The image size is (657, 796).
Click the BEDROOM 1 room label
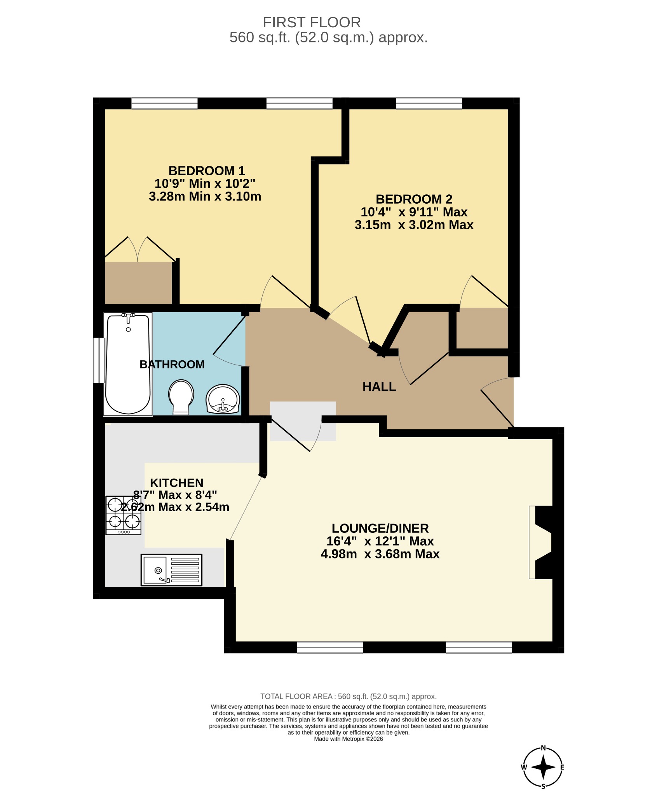point(207,171)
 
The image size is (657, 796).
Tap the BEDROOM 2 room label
point(414,199)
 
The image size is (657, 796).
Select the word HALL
point(379,387)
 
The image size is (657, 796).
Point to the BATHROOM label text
point(172,364)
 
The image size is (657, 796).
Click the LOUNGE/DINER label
point(380,528)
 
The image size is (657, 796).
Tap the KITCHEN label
point(177,483)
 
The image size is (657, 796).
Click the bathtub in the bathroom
point(128,364)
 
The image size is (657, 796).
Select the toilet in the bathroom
point(181,397)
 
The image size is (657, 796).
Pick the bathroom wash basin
point(223,399)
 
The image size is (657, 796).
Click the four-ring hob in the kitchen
point(124,515)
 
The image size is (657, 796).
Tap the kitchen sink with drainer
point(171,570)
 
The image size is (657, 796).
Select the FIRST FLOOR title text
point(312,23)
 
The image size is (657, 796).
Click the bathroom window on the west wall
point(99,360)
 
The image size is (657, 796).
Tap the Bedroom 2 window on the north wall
point(429,103)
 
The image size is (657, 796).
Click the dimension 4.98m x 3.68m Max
point(380,554)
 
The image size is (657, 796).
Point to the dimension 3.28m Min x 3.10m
point(205,196)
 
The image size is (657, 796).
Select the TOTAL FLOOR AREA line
point(349,696)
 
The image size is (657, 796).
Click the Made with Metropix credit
point(349,739)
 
